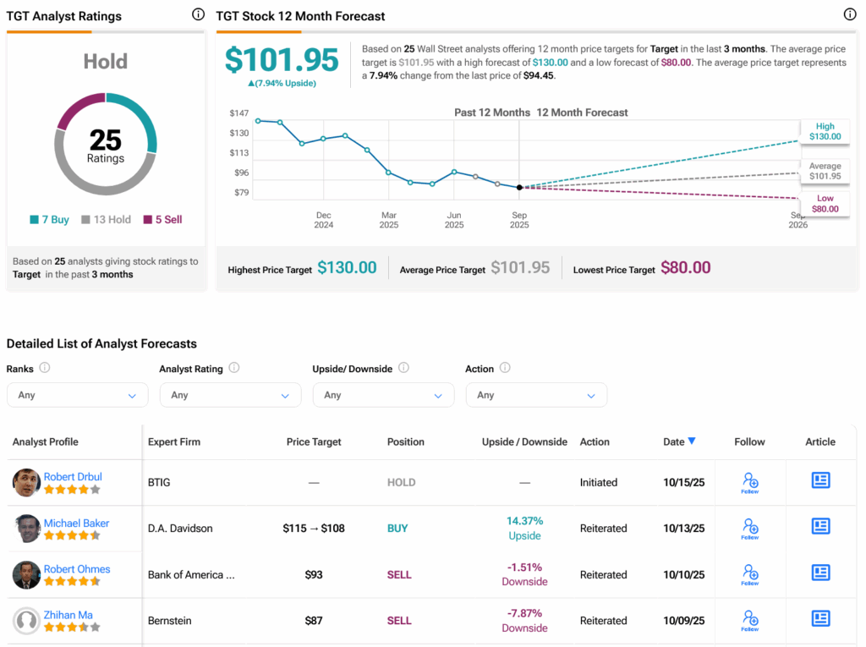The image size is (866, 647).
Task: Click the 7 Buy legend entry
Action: (x=49, y=220)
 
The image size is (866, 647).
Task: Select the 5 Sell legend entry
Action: (x=162, y=220)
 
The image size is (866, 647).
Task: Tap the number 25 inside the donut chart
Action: (x=106, y=140)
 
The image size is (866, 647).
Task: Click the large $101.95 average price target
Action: (x=282, y=60)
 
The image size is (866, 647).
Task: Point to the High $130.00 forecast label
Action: (x=825, y=131)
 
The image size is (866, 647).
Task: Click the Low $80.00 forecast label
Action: (x=825, y=204)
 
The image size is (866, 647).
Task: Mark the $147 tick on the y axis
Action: (x=239, y=113)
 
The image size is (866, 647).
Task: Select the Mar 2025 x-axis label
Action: (x=388, y=220)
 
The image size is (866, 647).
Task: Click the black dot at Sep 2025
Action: (x=519, y=188)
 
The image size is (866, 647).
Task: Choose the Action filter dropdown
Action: (x=536, y=395)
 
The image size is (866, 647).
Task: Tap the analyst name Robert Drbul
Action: (x=73, y=477)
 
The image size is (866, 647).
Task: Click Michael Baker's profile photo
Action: (x=27, y=529)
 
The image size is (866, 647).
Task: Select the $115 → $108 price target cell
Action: (x=314, y=529)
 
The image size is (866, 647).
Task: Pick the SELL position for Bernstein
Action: (x=399, y=621)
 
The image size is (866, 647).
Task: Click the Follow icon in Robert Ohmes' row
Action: (x=749, y=573)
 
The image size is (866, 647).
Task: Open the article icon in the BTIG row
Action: (x=820, y=481)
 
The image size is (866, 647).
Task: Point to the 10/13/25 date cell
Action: (x=684, y=529)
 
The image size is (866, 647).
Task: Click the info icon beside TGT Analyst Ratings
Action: (x=198, y=14)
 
